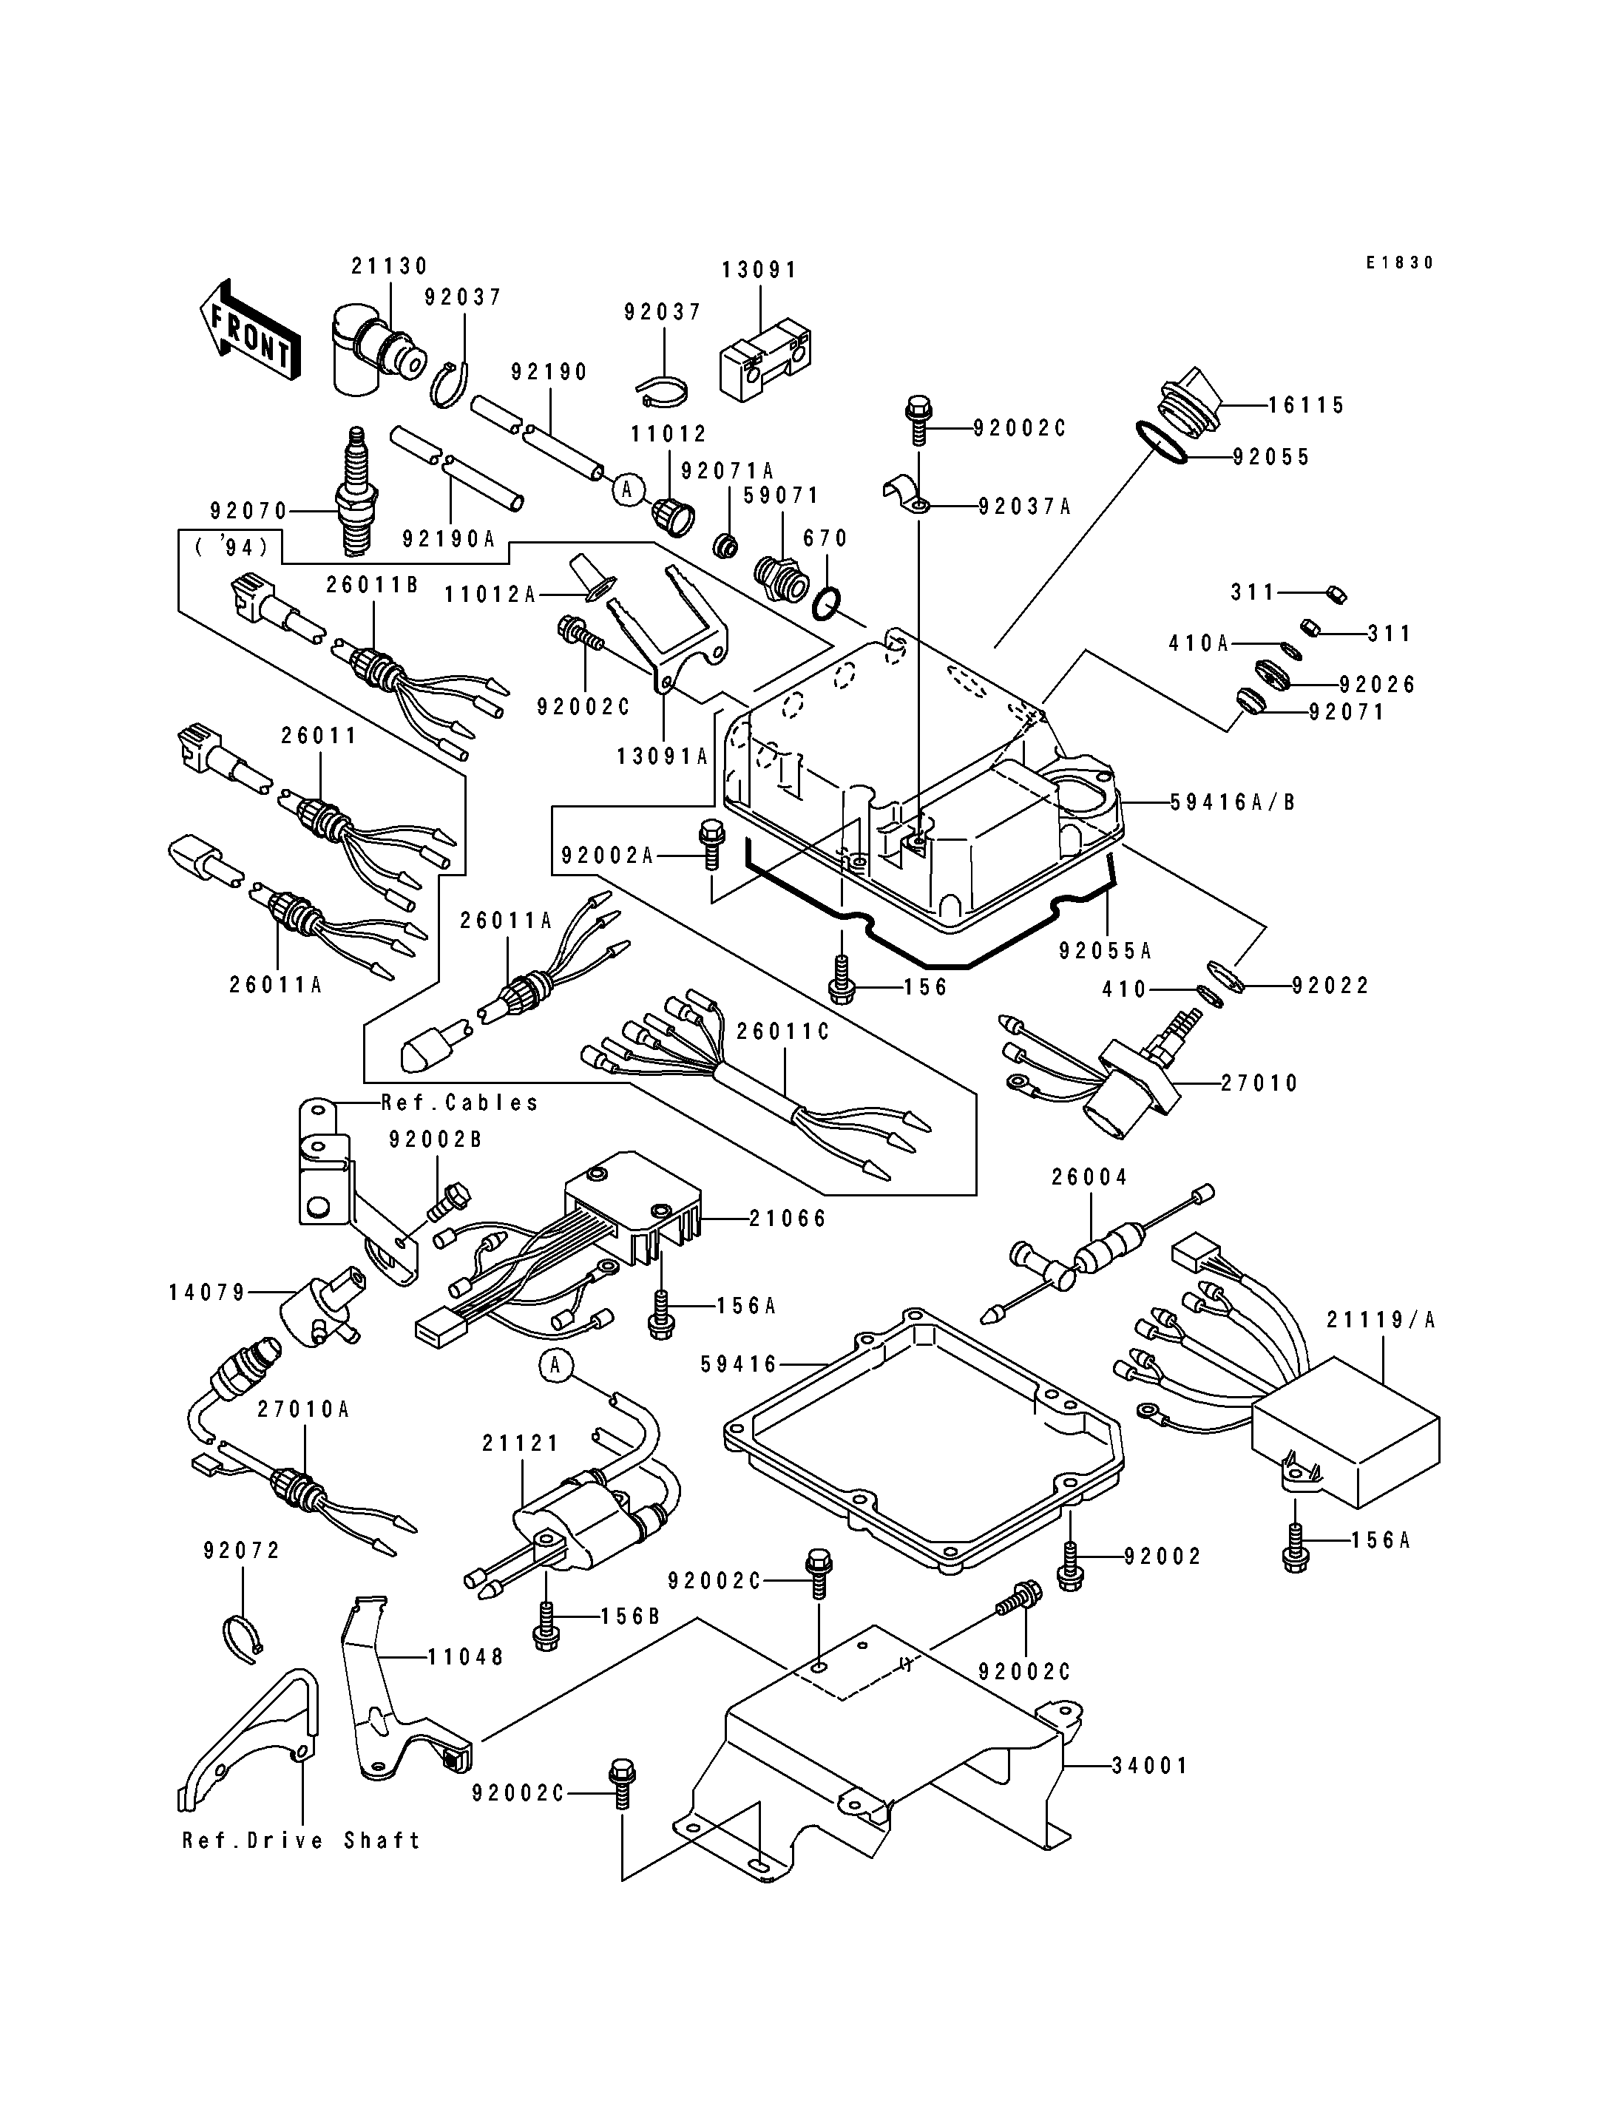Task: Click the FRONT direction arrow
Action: tap(250, 331)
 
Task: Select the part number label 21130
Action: tap(389, 266)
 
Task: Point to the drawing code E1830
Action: tap(1399, 263)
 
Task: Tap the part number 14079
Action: tap(208, 1292)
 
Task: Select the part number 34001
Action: tap(1149, 1766)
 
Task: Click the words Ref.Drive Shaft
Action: tap(301, 1841)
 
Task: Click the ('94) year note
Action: tap(231, 547)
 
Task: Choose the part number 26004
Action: tap(1089, 1177)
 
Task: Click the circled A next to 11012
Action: tap(627, 490)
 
